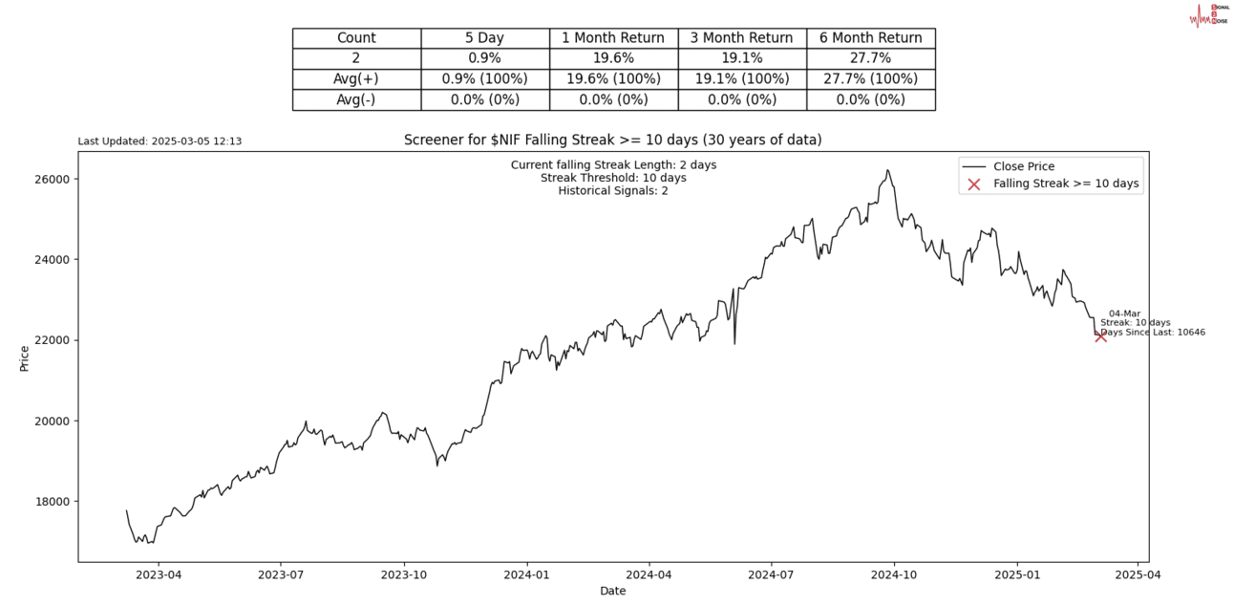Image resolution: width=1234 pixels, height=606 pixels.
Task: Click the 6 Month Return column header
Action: pos(870,38)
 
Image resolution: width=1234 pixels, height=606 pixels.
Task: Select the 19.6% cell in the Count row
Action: pos(613,58)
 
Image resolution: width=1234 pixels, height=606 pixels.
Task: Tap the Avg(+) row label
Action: pos(356,78)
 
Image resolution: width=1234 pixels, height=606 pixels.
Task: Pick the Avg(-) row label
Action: pos(356,99)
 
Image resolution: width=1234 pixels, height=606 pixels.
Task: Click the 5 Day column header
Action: pos(485,38)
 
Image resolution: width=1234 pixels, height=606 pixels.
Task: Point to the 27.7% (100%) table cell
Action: pos(870,78)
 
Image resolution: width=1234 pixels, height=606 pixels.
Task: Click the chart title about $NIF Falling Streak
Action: pos(612,141)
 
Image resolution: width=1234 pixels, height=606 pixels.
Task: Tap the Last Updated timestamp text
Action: pos(160,141)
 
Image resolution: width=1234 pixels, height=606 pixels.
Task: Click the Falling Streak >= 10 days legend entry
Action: pos(1066,184)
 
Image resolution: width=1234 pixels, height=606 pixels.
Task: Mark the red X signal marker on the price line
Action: pos(1100,335)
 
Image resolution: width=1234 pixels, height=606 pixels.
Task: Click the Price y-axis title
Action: pos(24,359)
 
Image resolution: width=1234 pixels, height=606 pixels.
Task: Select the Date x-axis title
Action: pos(612,591)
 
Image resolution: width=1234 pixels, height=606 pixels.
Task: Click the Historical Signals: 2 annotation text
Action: pos(612,190)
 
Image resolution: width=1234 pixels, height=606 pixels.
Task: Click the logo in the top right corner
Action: pos(1208,15)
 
